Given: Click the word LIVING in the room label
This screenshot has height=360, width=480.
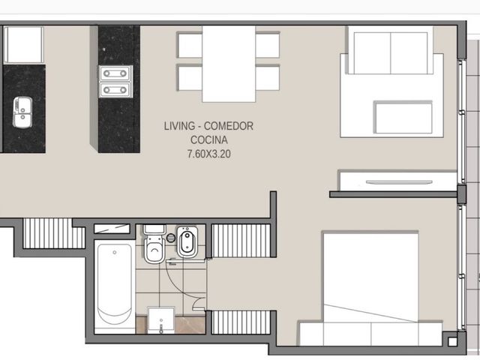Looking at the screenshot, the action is [x=179, y=126].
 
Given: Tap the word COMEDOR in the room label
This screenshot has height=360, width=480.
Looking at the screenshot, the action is [x=229, y=126].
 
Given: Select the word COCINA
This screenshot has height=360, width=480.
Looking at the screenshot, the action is [x=209, y=140].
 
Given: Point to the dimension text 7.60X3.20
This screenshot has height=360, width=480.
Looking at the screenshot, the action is [x=209, y=154].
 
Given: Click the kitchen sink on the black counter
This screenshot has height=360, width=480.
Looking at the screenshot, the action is [x=22, y=112].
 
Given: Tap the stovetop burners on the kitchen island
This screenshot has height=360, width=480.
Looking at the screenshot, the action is [x=115, y=82].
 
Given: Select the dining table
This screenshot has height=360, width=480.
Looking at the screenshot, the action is [x=229, y=64].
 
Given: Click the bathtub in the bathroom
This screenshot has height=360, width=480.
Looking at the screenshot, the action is [x=115, y=286].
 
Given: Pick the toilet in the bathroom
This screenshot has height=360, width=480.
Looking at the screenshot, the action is [x=154, y=244].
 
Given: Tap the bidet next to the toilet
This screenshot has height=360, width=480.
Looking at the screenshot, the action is [x=187, y=241].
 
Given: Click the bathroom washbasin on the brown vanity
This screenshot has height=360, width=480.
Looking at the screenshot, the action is [x=161, y=320].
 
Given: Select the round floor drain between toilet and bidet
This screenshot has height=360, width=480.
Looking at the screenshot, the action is [x=171, y=238].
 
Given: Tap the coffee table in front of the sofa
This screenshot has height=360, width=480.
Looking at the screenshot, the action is [x=403, y=117].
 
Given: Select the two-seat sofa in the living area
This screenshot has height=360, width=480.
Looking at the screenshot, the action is [x=391, y=50].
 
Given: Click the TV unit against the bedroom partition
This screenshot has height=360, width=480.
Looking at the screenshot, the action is [x=397, y=181].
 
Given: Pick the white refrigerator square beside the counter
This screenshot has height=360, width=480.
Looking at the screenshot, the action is [x=24, y=45].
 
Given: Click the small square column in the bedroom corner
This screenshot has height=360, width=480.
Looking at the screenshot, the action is [x=451, y=341].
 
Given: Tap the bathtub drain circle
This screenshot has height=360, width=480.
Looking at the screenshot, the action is [x=115, y=253].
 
